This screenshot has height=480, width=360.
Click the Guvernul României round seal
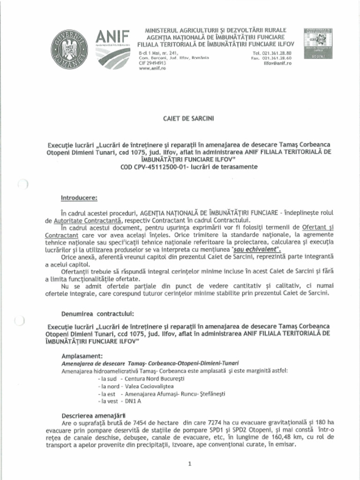69,48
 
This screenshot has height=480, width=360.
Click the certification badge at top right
318,43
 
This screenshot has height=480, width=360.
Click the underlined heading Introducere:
79,197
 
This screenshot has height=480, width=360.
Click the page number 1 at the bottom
189,464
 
